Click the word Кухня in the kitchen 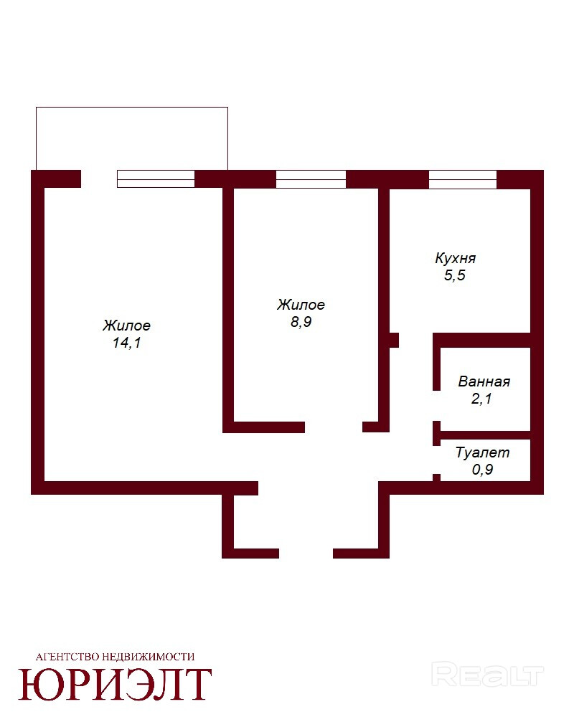click(x=455, y=259)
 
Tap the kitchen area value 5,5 click(x=454, y=275)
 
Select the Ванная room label click(x=484, y=381)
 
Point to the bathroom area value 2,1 click(x=481, y=399)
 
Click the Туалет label click(x=482, y=452)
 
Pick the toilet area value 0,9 click(x=482, y=470)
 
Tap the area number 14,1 click(x=127, y=343)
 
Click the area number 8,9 click(x=301, y=322)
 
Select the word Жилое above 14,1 click(x=127, y=326)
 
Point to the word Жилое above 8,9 click(x=301, y=305)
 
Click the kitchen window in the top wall click(x=463, y=179)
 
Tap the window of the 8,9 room click(x=311, y=179)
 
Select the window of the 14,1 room click(x=156, y=179)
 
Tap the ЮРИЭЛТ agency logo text click(x=115, y=685)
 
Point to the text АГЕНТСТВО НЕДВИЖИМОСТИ click(x=115, y=657)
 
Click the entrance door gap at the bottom click(x=306, y=554)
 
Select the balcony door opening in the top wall click(x=99, y=179)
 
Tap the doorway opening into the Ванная click(x=437, y=406)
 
